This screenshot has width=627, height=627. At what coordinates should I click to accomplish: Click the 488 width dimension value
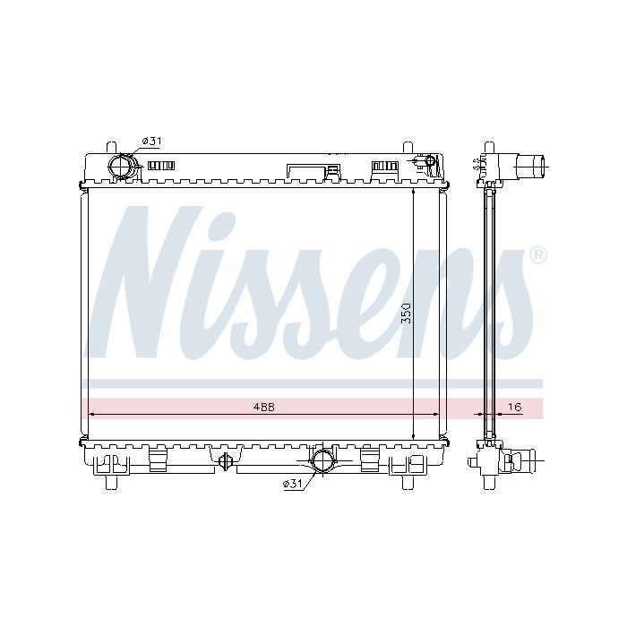[264, 407]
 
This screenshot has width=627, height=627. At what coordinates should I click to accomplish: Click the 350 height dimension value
[406, 313]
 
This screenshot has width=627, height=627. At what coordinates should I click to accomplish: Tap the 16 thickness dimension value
[515, 407]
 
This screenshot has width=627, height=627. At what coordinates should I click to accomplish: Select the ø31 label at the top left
[151, 141]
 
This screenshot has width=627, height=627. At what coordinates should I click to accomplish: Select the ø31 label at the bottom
[292, 485]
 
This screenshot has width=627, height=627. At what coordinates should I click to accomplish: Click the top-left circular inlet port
[123, 167]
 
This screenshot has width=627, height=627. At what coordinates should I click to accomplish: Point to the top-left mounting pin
[111, 147]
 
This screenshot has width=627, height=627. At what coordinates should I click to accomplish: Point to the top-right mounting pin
[408, 147]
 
